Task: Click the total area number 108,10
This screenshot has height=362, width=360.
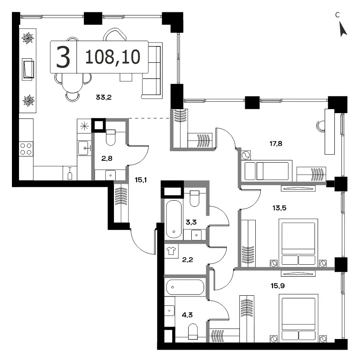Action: [x=113, y=57]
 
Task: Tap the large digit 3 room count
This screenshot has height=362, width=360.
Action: [x=63, y=57]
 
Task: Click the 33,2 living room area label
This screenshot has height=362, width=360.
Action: [x=104, y=97]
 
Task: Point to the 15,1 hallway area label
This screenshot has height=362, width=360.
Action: [x=141, y=180]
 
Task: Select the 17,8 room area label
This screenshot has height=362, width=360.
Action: [x=276, y=144]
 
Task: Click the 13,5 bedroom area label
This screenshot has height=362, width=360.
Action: [x=279, y=208]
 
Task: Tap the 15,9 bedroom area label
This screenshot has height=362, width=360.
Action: [x=277, y=286]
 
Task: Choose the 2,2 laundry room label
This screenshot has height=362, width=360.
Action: [x=187, y=260]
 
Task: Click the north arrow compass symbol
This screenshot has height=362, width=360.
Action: [x=343, y=29]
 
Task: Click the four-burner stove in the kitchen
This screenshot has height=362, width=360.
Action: [x=26, y=149]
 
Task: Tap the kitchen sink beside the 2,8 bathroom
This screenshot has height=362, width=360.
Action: [x=84, y=148]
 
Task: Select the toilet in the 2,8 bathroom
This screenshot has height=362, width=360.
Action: [x=110, y=137]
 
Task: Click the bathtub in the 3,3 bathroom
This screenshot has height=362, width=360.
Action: [x=174, y=219]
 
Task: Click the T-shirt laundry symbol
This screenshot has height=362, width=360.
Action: [x=171, y=251]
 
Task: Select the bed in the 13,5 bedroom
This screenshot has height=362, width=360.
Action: [x=299, y=242]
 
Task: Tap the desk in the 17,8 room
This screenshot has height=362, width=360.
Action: [x=330, y=132]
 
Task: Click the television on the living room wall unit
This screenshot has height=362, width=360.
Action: [x=28, y=69]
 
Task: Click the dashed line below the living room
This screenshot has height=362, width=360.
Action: [x=149, y=118]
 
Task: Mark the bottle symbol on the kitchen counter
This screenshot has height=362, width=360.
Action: [x=70, y=174]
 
